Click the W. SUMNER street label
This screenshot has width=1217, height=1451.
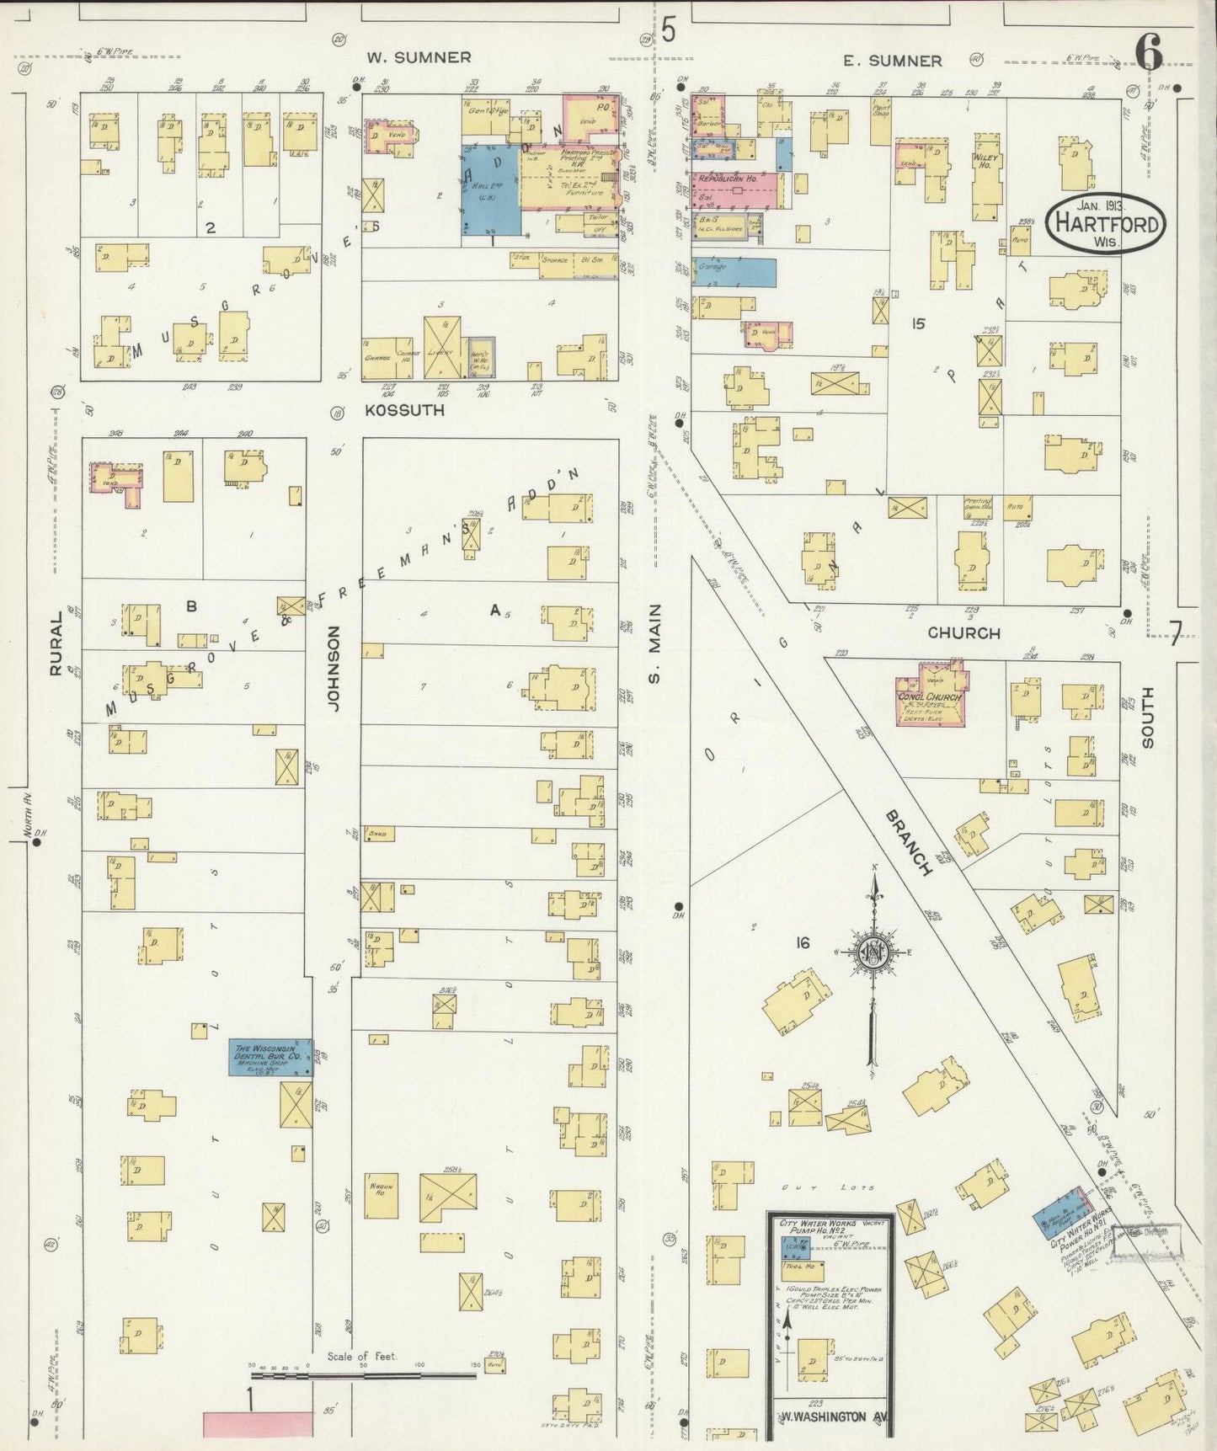pos(418,57)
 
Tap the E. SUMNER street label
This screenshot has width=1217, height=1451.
pos(893,61)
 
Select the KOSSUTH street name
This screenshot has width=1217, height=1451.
pos(404,410)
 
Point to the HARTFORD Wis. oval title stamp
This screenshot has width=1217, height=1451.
pos(1106,224)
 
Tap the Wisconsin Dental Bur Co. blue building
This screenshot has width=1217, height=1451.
pos(270,1056)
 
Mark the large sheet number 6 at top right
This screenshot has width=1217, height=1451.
pos(1149,52)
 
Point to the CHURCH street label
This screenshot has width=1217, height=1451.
pos(963,632)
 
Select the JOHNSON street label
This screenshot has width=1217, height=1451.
pos(333,669)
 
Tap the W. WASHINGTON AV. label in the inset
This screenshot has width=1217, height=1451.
pos(830,1416)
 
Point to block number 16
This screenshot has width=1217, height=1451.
pos(802,942)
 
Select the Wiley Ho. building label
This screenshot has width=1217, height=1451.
pos(985,160)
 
